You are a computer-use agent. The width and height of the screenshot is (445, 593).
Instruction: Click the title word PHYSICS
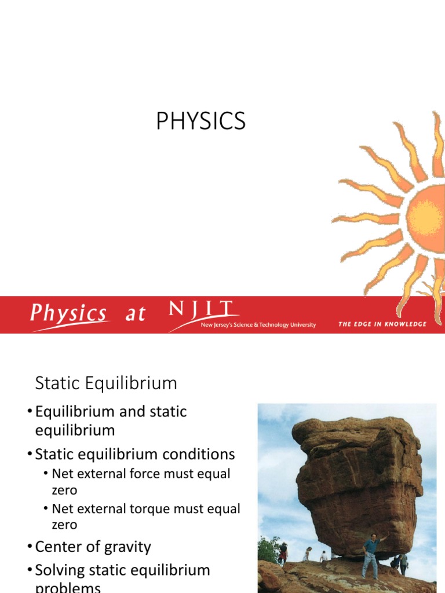(201, 122)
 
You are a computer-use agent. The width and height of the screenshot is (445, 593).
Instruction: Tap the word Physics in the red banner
(69, 314)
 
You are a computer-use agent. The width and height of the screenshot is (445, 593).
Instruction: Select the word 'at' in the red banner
(135, 314)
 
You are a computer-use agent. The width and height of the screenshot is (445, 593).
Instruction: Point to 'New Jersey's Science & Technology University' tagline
(258, 325)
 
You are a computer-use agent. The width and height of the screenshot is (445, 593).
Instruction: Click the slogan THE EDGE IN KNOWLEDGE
(382, 324)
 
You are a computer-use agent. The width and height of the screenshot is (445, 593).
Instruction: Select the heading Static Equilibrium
(106, 383)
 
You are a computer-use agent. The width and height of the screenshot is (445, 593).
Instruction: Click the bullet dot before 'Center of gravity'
(30, 547)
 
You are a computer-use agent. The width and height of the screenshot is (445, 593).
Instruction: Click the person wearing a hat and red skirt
(283, 553)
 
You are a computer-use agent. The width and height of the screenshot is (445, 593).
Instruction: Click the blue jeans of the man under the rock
(370, 564)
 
